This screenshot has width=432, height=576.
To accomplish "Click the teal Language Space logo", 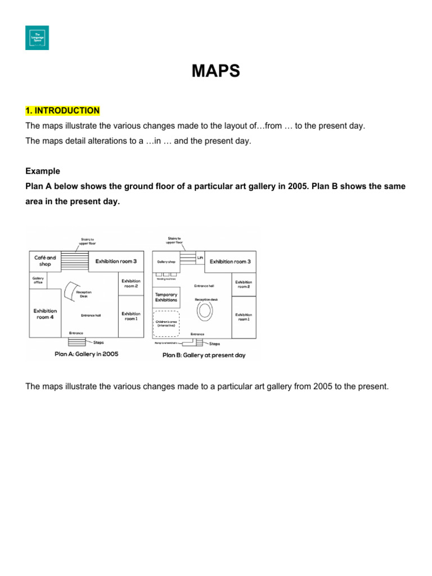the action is click(37, 38).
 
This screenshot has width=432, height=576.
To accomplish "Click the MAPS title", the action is click(216, 71).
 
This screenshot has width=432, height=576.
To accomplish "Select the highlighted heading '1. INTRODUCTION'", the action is click(62, 111).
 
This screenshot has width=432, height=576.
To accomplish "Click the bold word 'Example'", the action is click(43, 171).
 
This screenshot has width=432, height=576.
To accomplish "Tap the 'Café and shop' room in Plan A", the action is click(45, 260).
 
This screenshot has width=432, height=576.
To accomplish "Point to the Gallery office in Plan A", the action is click(38, 280).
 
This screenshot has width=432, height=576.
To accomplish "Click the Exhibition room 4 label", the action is click(45, 313).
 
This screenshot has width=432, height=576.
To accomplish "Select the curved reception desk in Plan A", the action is click(70, 290).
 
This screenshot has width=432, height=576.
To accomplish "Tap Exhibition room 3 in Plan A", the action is click(116, 261).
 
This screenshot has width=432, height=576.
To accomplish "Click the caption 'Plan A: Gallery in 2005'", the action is click(87, 354).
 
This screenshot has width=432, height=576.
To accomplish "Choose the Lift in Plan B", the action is click(200, 257).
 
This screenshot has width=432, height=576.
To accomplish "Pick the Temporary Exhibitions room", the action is click(166, 297).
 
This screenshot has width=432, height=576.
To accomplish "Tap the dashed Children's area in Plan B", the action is click(166, 323).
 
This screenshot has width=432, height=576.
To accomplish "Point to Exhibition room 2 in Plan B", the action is click(244, 284).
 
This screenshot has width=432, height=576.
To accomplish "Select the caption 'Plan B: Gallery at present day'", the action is click(204, 355).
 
